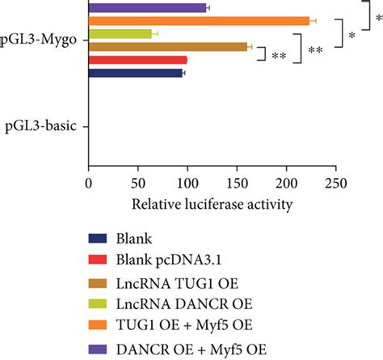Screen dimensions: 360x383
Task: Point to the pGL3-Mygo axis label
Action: (44, 38)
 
